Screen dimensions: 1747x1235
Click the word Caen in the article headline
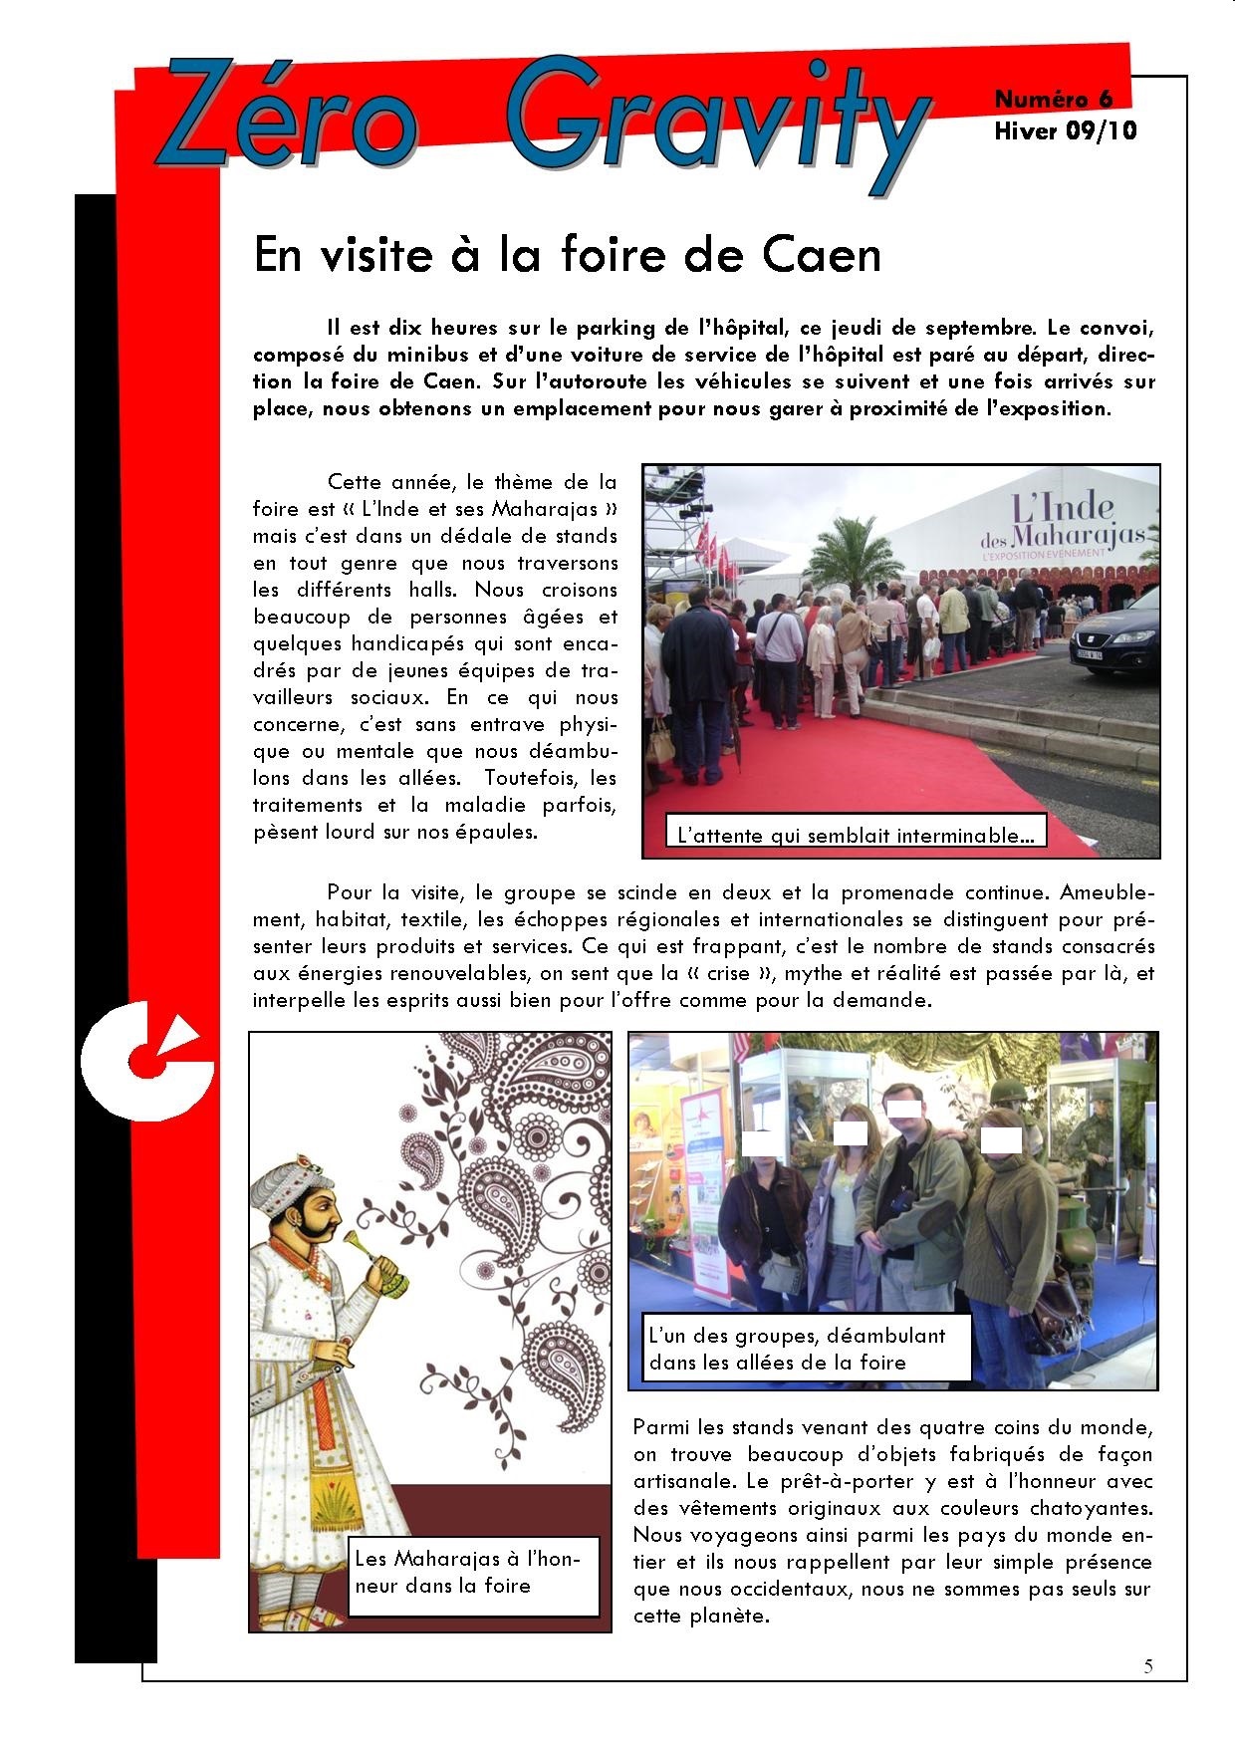click(822, 255)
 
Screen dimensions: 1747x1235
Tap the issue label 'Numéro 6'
click(1054, 99)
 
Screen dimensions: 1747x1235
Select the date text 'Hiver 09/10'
click(1065, 130)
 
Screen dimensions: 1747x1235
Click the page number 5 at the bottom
click(1149, 1666)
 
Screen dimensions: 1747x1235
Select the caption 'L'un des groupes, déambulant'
click(797, 1336)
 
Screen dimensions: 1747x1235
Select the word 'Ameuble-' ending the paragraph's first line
click(1106, 893)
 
